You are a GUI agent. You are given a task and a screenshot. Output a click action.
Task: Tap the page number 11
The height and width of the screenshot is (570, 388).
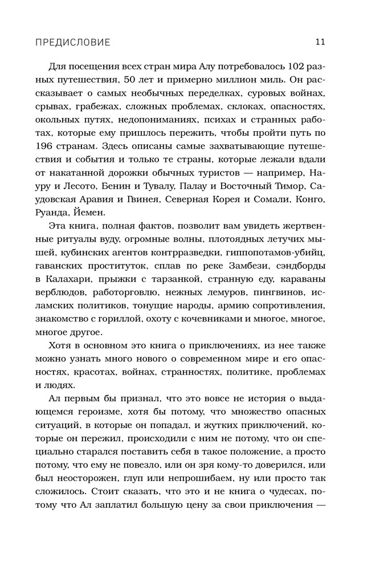click(x=320, y=42)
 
